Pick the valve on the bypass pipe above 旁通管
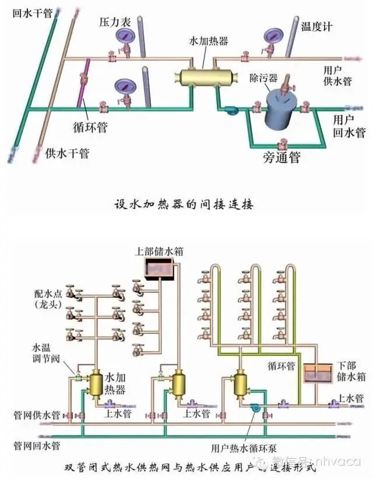(283, 142)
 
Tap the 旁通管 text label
(282, 157)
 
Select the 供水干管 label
(67, 154)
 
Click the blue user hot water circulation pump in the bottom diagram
(255, 408)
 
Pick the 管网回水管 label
(37, 446)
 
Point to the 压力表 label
(111, 20)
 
